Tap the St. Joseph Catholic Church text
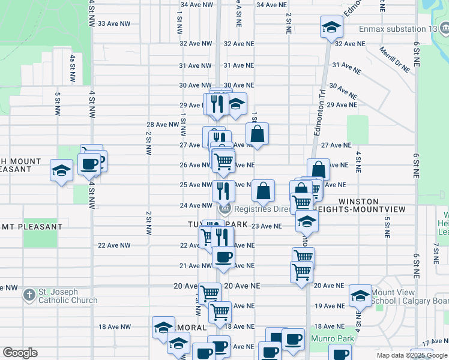(x=67, y=296)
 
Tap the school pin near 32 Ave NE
(x=331, y=28)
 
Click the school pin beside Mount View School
(x=360, y=295)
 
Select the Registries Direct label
(x=262, y=209)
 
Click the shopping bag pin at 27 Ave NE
(x=257, y=134)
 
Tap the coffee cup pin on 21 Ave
(x=224, y=257)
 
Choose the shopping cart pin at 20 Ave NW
(x=209, y=294)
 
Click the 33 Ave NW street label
(x=113, y=23)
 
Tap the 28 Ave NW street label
(x=163, y=125)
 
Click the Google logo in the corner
(x=20, y=353)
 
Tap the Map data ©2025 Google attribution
(x=411, y=355)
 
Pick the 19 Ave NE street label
(x=330, y=306)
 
